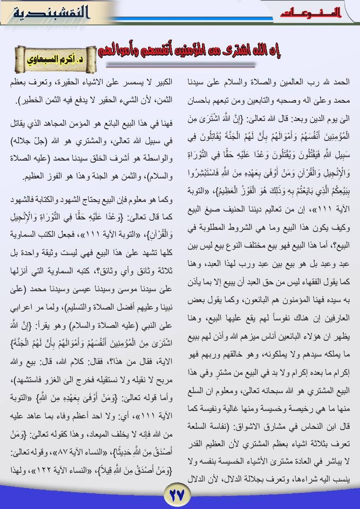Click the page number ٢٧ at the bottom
[x=177, y=495]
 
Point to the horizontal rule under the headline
[x=181, y=65]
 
